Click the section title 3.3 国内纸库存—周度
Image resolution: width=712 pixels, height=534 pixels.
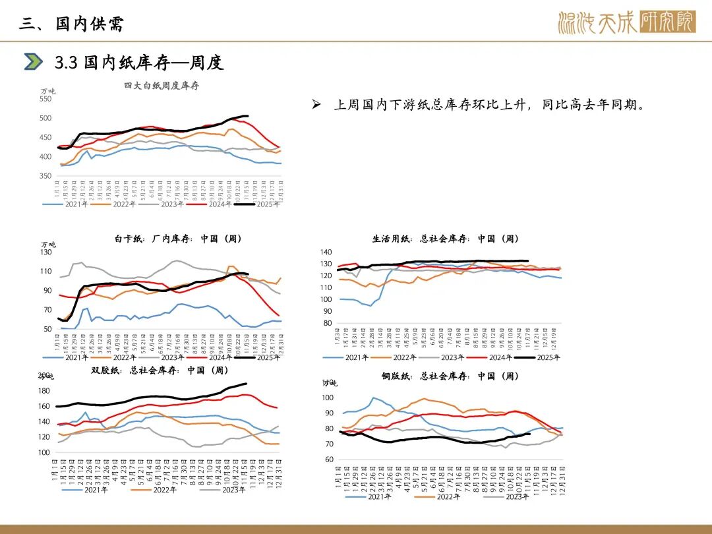(139, 63)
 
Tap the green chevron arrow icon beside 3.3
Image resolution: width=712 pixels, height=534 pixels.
(33, 62)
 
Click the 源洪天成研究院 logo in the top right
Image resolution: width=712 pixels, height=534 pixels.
(626, 22)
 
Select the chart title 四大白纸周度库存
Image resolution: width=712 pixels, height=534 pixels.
(162, 86)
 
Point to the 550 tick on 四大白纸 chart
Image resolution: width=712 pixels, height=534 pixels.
(45, 99)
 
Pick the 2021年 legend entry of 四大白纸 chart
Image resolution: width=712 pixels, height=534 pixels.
(73, 204)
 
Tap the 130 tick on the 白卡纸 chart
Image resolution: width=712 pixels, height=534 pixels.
(46, 252)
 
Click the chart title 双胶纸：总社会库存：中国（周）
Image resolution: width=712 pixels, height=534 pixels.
(160, 371)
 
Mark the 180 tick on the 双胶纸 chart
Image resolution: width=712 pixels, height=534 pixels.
(45, 391)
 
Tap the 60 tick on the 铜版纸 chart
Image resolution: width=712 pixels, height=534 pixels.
(328, 460)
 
